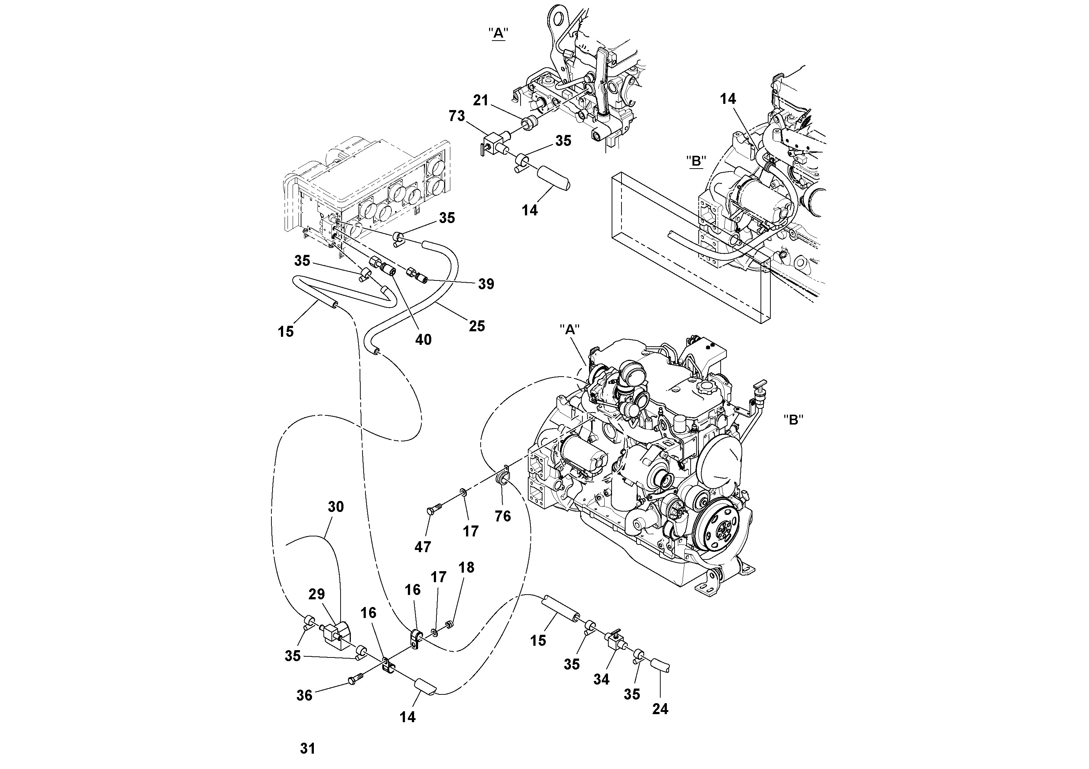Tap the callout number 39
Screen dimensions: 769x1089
486,284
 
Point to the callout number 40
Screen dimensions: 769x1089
423,339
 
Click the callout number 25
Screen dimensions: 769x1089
477,326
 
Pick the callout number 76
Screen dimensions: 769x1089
503,516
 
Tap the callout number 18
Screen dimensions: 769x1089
467,568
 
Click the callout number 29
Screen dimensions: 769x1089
317,595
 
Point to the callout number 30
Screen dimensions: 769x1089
336,507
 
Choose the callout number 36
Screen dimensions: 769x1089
304,696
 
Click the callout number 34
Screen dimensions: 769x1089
601,679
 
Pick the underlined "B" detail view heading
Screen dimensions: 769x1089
696,161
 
